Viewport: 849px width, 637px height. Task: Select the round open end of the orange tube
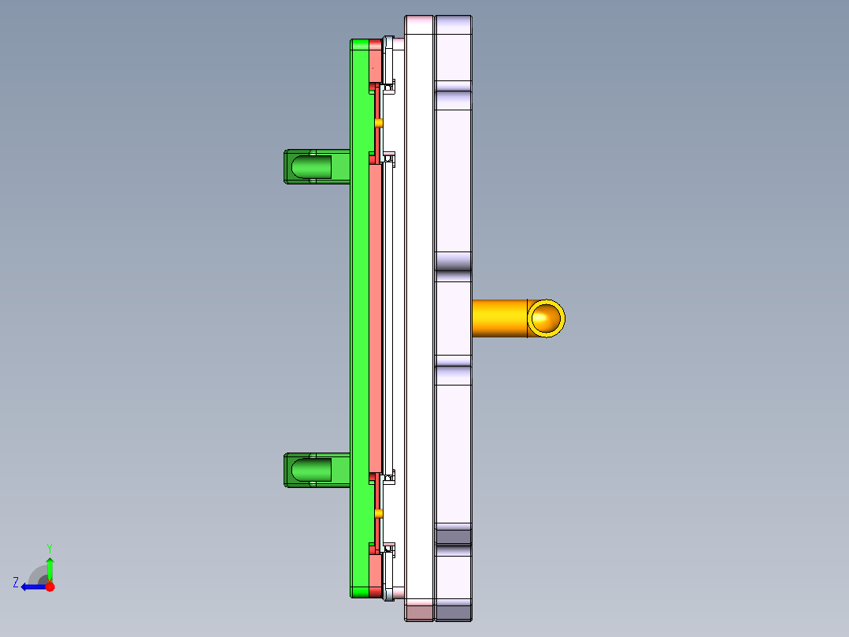coord(546,318)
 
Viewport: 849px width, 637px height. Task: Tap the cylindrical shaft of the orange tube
coord(499,318)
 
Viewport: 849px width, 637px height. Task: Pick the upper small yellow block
coord(379,123)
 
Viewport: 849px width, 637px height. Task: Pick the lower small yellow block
coord(379,513)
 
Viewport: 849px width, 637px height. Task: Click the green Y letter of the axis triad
coord(49,547)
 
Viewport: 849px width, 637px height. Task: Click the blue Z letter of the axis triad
coord(16,583)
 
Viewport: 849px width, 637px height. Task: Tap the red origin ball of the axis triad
coord(50,587)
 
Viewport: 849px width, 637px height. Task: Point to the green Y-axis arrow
coord(50,568)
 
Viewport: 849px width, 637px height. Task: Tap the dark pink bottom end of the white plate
coord(419,612)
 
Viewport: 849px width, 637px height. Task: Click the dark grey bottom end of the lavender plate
coord(453,612)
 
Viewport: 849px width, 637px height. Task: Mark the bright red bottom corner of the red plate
coord(375,591)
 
